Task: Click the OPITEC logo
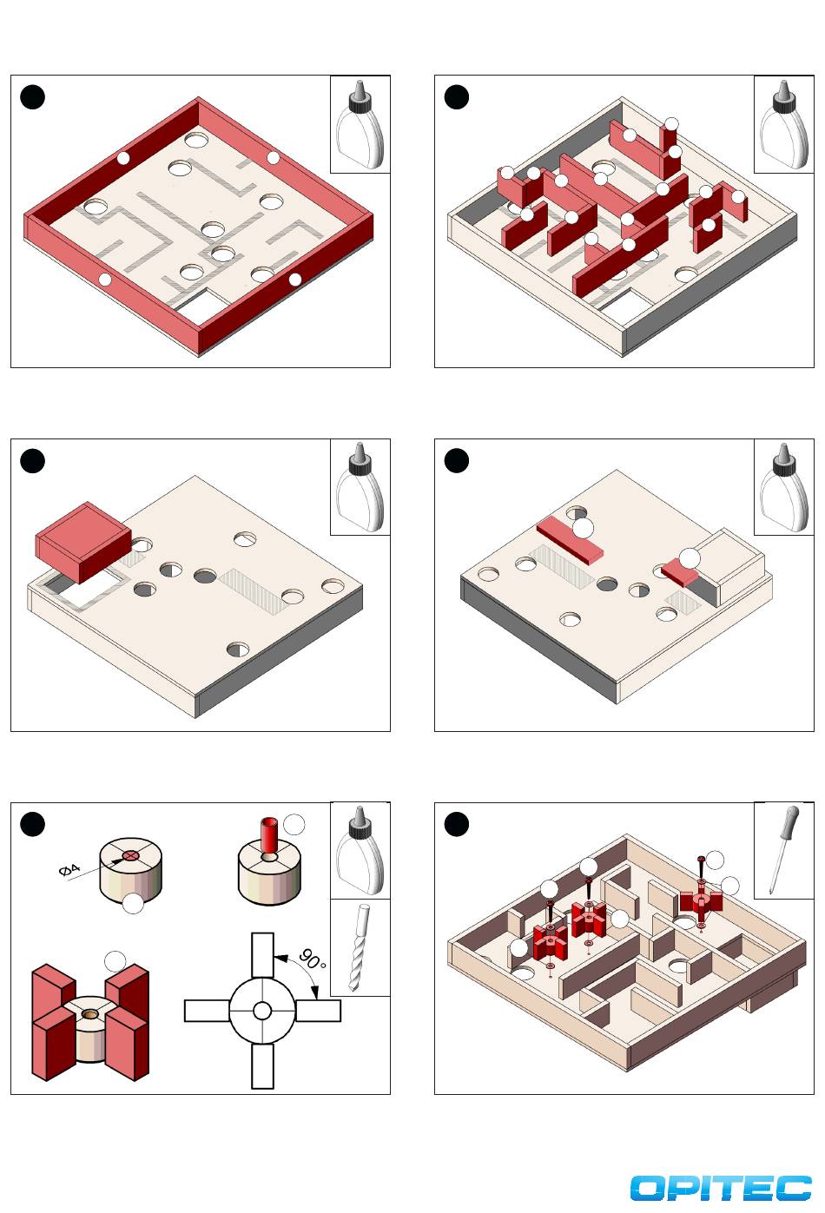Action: pyautogui.click(x=721, y=1188)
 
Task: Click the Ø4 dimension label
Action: pyautogui.click(x=69, y=870)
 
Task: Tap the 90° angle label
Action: pyautogui.click(x=312, y=960)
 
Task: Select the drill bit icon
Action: pyautogui.click(x=360, y=947)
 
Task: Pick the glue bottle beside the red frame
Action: pyautogui.click(x=360, y=124)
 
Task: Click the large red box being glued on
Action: pyautogui.click(x=83, y=542)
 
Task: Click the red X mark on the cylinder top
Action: pyautogui.click(x=130, y=855)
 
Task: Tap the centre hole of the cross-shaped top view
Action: pyautogui.click(x=262, y=1011)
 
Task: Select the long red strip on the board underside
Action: pyautogui.click(x=570, y=540)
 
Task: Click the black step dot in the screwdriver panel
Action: pyautogui.click(x=456, y=824)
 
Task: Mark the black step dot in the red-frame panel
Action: pyautogui.click(x=32, y=97)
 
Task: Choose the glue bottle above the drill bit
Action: pyautogui.click(x=360, y=850)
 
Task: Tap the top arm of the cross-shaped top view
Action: pyautogui.click(x=263, y=956)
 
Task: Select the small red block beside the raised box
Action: pyautogui.click(x=680, y=572)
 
